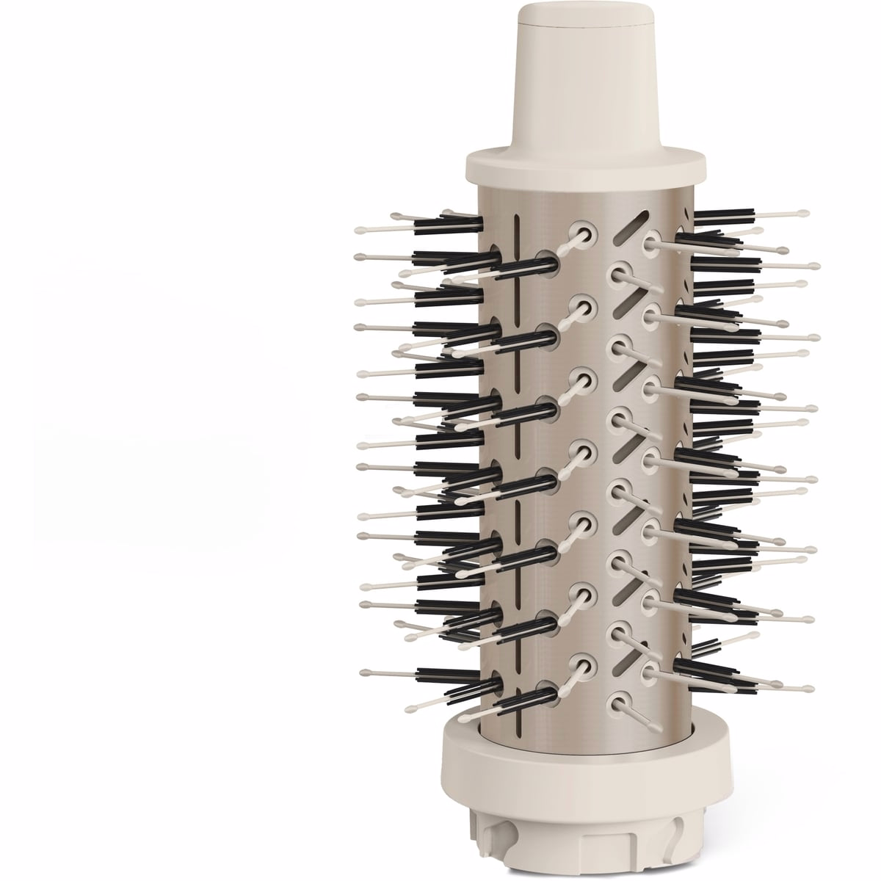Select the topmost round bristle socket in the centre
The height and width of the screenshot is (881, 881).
click(x=586, y=233)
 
